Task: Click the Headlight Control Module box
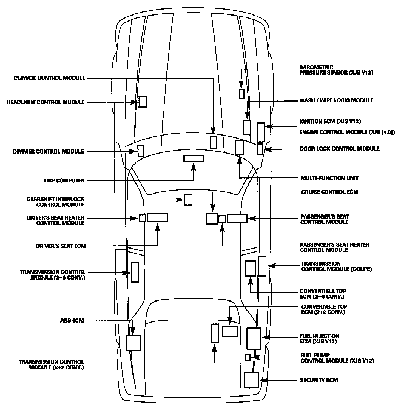143,102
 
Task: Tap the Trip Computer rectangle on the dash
194,159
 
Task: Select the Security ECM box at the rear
252,380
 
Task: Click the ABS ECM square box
133,343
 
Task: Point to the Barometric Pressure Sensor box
242,94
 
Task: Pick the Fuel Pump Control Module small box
247,357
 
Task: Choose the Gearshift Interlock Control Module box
188,200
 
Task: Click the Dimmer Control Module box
141,151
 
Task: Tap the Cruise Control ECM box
212,219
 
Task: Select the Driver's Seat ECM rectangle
157,217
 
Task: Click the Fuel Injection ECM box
254,338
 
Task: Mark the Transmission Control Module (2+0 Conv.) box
135,272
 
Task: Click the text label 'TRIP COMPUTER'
64,180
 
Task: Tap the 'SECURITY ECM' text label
319,380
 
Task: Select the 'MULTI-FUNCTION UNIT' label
329,178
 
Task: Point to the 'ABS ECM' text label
72,321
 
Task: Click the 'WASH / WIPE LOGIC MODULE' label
336,100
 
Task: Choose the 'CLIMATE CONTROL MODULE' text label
50,78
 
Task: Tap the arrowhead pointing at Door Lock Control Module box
267,149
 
